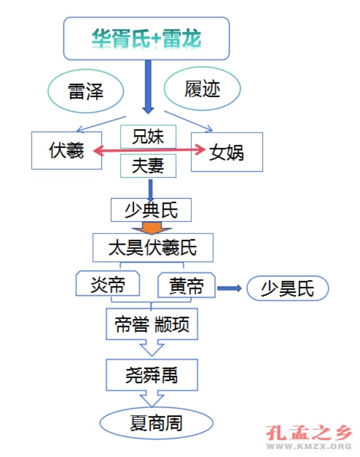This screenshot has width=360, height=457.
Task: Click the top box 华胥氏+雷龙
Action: pyautogui.click(x=146, y=38)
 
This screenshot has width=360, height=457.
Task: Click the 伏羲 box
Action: pyautogui.click(x=67, y=151)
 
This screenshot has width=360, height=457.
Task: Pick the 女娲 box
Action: pyautogui.click(x=227, y=152)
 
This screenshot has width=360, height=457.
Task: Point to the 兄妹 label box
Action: pyautogui.click(x=148, y=137)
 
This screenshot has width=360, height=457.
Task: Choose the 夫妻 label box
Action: pyautogui.click(x=148, y=166)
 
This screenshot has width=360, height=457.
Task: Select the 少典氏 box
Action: pyautogui.click(x=151, y=210)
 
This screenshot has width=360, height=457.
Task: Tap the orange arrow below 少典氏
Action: pyautogui.click(x=151, y=228)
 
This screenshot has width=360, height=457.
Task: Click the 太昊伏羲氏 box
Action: pyautogui.click(x=153, y=247)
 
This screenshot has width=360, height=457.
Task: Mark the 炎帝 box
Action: pyautogui.click(x=108, y=285)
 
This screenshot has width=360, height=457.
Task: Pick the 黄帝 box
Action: pyautogui.click(x=187, y=286)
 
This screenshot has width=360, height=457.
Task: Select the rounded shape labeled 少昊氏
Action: pyautogui.click(x=288, y=288)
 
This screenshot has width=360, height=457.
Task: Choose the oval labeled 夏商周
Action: pyautogui.click(x=156, y=424)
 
